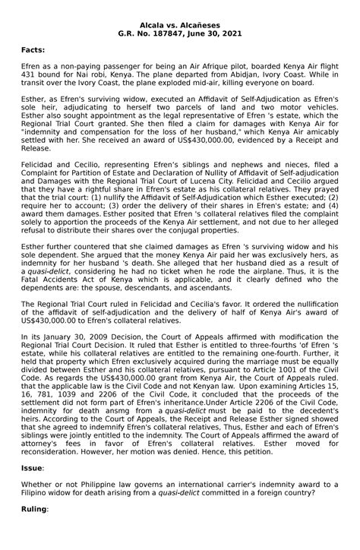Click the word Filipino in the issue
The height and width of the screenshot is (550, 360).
36,505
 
